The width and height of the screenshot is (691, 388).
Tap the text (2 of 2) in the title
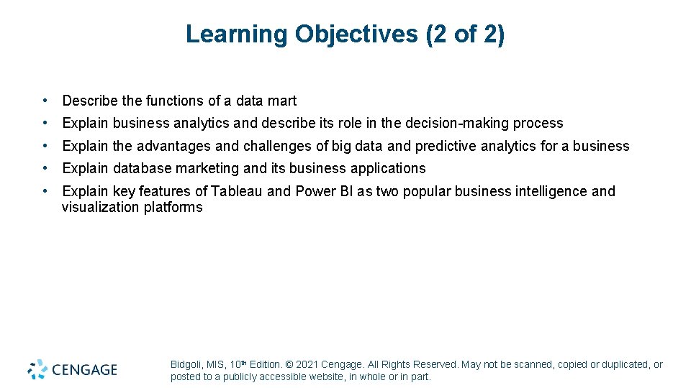(x=466, y=34)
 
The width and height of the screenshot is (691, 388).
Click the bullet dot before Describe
(x=45, y=101)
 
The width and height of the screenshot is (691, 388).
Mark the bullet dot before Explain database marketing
(x=45, y=168)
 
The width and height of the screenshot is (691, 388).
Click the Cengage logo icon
(x=37, y=369)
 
